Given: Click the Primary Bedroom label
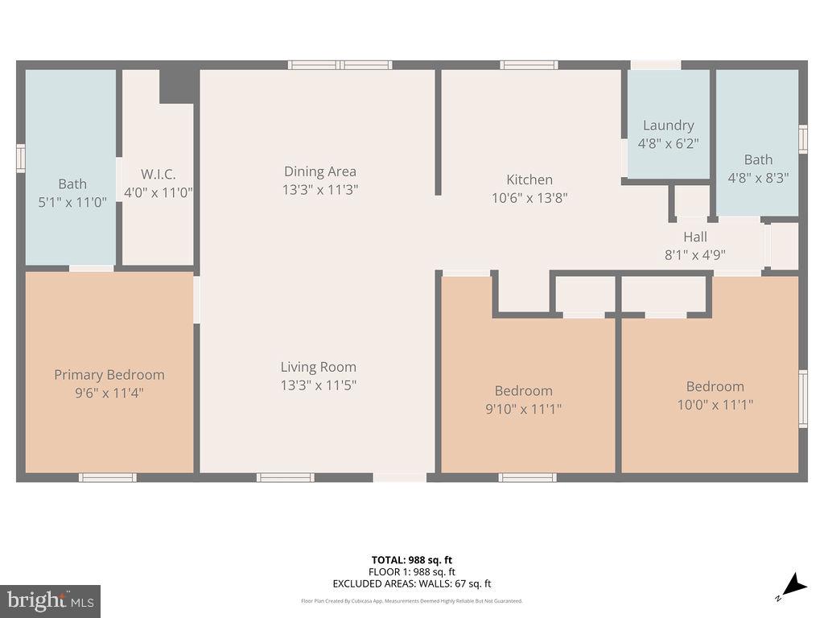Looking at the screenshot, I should coord(109,375).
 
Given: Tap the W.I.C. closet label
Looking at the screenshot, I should coord(158,174).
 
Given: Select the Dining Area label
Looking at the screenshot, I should coord(319,171).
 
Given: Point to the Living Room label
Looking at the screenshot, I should coord(318,367).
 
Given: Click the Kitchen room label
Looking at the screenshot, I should coord(529,179).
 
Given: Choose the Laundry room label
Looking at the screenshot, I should coord(668,126).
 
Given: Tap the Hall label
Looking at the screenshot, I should coord(695,237).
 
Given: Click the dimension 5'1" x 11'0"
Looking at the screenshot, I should coord(72,203).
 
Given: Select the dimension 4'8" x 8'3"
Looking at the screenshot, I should coord(757,179).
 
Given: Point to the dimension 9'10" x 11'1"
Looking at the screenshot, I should coord(523,409).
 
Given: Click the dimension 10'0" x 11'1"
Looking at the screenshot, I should coord(715,405).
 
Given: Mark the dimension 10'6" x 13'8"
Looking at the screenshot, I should coord(529,198).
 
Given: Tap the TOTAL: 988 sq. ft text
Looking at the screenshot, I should coord(411,560).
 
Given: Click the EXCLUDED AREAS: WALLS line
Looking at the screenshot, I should coord(411,584).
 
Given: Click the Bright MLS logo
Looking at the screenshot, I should coord(50,600).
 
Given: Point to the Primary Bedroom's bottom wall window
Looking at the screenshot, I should coord(107,478).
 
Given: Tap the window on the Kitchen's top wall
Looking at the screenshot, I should coord(529,65).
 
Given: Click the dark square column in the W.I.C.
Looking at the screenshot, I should coord(179,86).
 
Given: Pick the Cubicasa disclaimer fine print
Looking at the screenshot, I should coord(411,601).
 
